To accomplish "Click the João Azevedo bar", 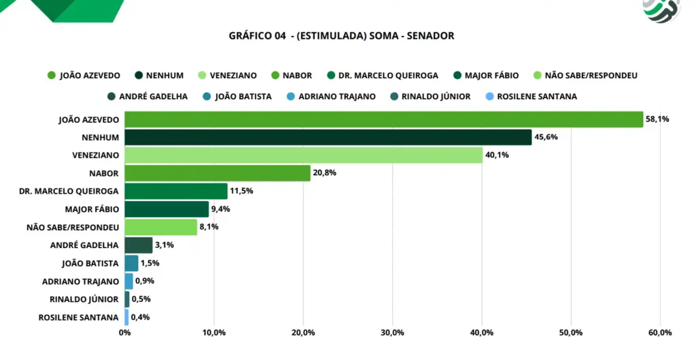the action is click(x=384, y=120).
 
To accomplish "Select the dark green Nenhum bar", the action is click(x=328, y=137).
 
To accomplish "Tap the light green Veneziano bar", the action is click(x=304, y=155).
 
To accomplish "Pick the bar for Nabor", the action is click(x=217, y=173).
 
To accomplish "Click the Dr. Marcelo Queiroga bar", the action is click(x=176, y=191).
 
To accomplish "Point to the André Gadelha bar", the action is click(x=139, y=245).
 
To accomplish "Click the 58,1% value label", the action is click(x=657, y=120).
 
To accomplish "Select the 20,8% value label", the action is click(x=324, y=173).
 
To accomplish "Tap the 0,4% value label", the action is click(x=140, y=317).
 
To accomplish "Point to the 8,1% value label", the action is click(x=209, y=227).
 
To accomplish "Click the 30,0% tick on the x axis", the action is click(x=392, y=333).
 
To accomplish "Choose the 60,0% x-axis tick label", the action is click(x=660, y=333).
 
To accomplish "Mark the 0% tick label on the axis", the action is click(x=125, y=333).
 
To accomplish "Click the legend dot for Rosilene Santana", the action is click(x=489, y=96).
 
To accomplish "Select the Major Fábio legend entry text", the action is click(x=492, y=75).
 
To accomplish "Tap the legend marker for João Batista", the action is click(x=207, y=96).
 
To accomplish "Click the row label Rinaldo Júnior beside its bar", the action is click(x=84, y=300).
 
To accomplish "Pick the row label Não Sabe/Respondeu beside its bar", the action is click(x=73, y=228).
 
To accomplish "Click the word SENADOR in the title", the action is click(x=430, y=36).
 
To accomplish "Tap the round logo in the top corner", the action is click(x=661, y=10).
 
